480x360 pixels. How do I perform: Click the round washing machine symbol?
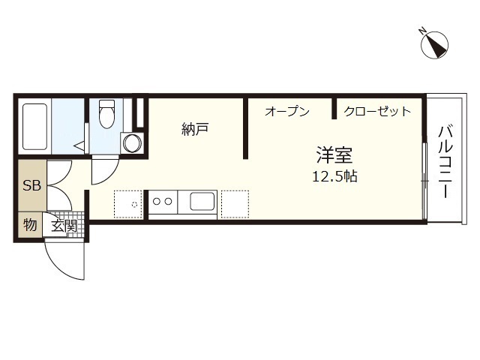point(133,142)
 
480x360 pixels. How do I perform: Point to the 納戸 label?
point(194,129)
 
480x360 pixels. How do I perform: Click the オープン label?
point(286,112)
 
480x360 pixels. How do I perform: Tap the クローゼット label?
point(377,112)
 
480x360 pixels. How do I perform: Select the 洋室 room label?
point(334,156)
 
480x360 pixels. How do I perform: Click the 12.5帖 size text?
point(334,177)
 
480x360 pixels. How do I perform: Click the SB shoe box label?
point(31,186)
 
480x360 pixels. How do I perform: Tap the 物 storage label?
point(29,224)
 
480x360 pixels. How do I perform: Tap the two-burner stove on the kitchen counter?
point(163,201)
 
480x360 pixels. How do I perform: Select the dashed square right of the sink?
point(234,202)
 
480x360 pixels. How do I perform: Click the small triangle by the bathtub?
point(78,144)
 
